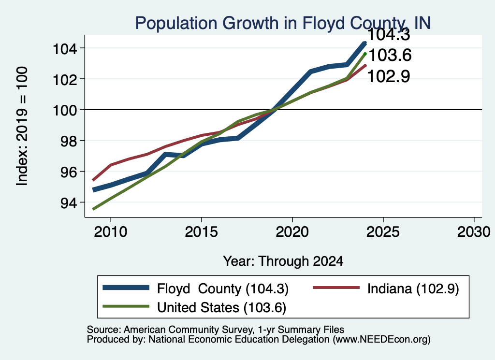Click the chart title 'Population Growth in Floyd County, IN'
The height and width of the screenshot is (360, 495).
tap(283, 23)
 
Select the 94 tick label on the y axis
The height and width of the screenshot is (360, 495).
tap(69, 203)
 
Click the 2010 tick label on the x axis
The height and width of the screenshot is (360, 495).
tap(111, 232)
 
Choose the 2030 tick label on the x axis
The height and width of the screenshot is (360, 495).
tap(474, 232)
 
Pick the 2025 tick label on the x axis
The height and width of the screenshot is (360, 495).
tap(383, 232)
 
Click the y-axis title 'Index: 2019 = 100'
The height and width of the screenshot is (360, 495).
tap(22, 126)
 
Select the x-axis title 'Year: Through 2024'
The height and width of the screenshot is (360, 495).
tap(283, 261)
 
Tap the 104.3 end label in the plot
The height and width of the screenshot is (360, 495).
tap(389, 34)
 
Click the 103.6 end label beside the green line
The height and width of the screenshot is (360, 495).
tap(390, 55)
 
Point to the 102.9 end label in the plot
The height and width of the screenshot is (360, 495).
tap(389, 76)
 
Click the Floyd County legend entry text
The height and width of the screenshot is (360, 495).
tap(223, 288)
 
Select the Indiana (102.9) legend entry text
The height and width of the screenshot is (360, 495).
tap(413, 288)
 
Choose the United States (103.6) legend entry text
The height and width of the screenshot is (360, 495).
tap(221, 308)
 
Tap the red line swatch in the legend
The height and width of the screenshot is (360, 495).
tap(336, 288)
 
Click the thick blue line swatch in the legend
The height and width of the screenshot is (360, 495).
tap(126, 288)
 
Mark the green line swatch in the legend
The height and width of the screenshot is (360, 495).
tap(126, 306)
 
